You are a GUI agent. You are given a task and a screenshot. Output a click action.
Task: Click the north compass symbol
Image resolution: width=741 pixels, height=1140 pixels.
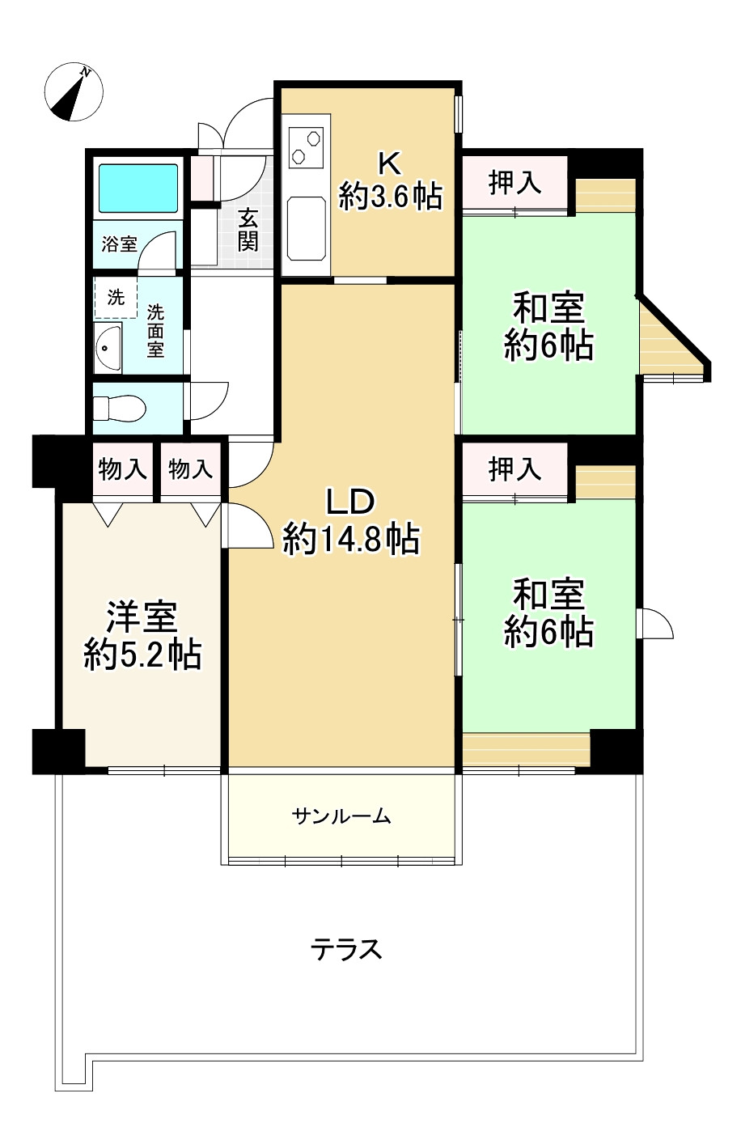74,91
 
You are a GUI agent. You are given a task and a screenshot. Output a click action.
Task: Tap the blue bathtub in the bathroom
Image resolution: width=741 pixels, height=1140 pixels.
138,188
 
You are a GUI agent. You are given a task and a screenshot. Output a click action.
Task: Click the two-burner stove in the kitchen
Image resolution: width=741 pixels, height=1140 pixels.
306,147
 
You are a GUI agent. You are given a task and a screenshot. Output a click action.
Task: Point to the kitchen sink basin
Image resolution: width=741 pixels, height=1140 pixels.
307,228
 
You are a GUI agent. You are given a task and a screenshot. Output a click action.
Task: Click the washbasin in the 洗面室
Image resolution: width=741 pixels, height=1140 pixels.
108,348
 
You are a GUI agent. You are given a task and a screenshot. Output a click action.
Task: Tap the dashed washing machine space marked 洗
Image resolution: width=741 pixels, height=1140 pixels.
116,297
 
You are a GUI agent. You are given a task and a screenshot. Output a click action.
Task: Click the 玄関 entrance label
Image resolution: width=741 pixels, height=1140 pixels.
248,230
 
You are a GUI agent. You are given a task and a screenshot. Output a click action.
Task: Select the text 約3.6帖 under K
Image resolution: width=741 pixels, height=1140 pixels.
391,197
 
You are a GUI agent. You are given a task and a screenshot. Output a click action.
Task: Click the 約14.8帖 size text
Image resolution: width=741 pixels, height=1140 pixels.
352,539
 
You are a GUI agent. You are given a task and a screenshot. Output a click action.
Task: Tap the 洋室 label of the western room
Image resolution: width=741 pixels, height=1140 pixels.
142,617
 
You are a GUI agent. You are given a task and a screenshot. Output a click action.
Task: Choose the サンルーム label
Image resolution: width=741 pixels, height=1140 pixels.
341,817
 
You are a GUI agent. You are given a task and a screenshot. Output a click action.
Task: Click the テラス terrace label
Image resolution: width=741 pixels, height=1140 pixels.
346,950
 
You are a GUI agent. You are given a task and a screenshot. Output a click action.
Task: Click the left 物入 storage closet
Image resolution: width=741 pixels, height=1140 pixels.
123,468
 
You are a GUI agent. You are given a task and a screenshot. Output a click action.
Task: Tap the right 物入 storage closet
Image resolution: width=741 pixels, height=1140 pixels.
190,468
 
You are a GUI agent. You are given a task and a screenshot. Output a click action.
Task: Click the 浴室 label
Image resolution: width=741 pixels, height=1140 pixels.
119,244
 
